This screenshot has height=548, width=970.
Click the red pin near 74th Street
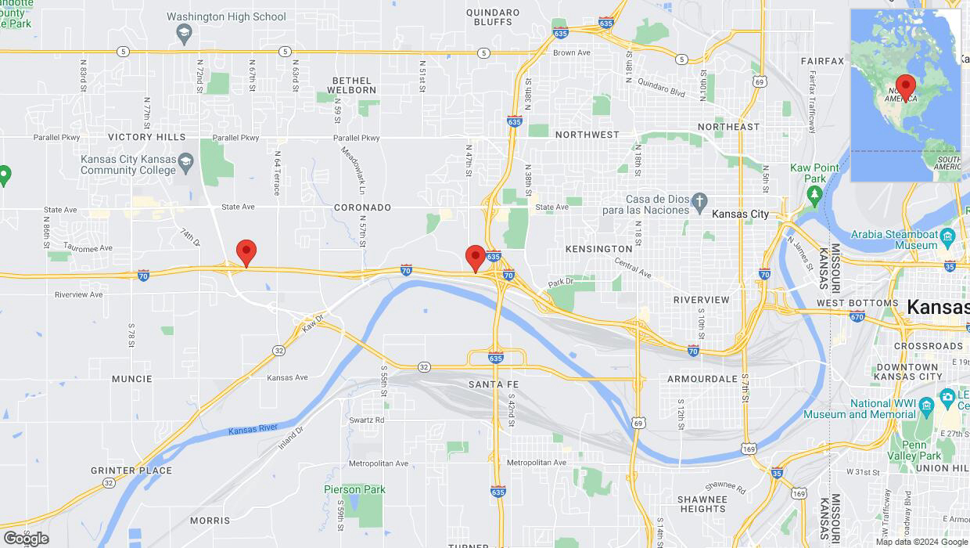[x=246, y=253]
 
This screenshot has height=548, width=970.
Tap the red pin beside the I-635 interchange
[x=475, y=258]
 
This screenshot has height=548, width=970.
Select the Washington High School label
[x=226, y=16]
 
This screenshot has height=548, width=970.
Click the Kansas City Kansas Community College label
[x=128, y=164]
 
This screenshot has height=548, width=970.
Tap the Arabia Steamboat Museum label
[x=893, y=240]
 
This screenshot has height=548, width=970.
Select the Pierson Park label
[x=354, y=489]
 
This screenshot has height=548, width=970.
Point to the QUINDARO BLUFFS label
[x=493, y=17]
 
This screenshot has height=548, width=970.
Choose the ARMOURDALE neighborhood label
[x=702, y=379]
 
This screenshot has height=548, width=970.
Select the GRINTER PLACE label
[x=131, y=470]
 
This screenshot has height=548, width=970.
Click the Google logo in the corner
[x=25, y=538]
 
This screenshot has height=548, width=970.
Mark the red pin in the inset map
[x=906, y=86]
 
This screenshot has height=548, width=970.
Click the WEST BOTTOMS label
[x=857, y=303]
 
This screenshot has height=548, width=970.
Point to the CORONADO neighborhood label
[x=362, y=207]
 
